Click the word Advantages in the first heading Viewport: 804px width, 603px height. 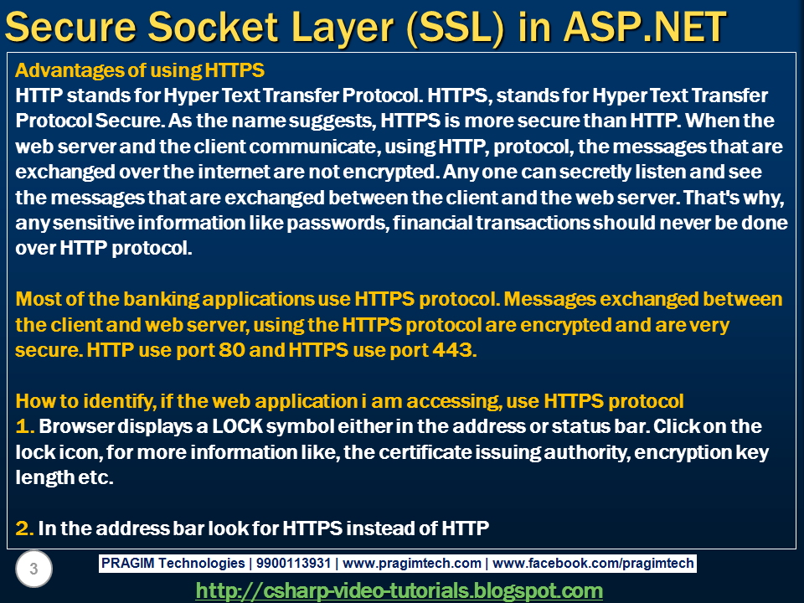(58, 69)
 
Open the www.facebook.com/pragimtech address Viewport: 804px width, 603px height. (593, 564)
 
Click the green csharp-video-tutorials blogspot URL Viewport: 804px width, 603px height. (399, 590)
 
